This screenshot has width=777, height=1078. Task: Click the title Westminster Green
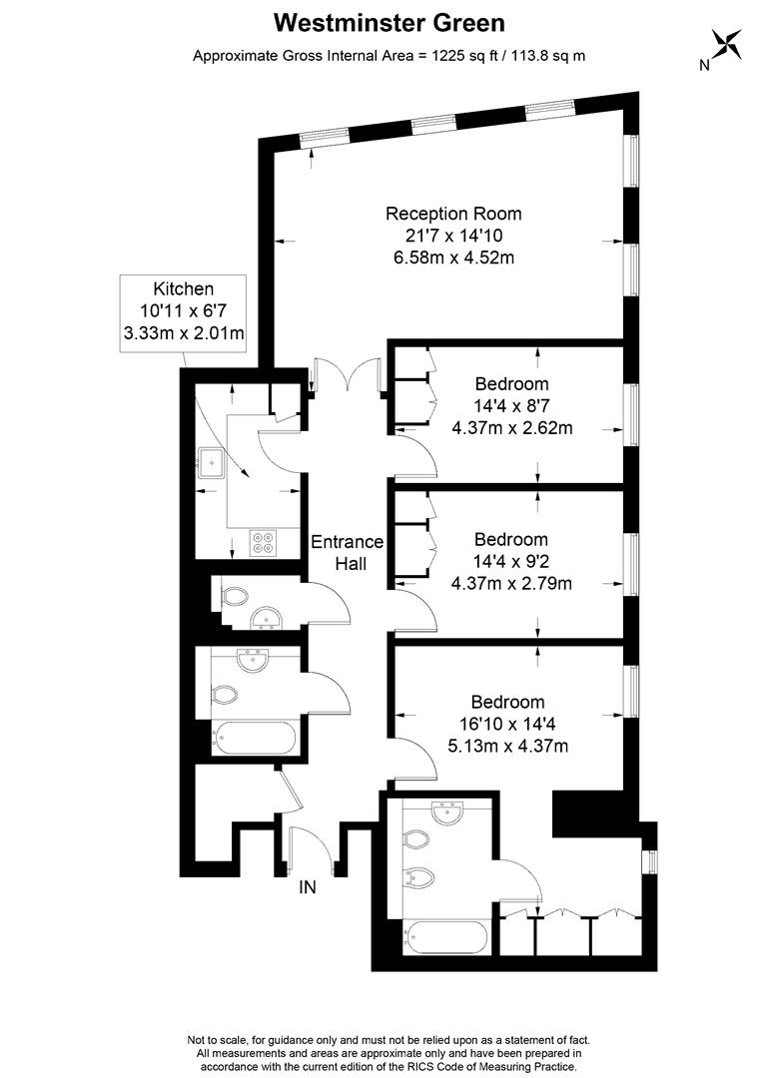coord(389,23)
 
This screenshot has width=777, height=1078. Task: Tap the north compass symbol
coord(726,44)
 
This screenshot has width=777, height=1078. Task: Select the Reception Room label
coord(453,214)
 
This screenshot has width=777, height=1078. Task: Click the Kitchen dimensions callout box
coord(183,313)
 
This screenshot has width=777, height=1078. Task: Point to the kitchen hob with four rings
coord(263,542)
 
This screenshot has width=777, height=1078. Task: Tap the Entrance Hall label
coord(348,553)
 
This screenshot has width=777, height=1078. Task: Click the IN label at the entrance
coord(308,887)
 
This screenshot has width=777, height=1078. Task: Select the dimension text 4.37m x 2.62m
coord(512,427)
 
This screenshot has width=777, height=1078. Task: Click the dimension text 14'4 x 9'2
coord(511,561)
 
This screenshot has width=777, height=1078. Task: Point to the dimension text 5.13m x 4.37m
coord(508,746)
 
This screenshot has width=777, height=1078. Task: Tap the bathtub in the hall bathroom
coord(255,739)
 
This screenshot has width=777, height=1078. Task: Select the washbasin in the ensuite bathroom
coord(447,812)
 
